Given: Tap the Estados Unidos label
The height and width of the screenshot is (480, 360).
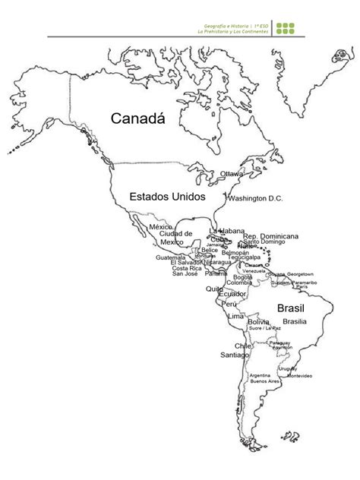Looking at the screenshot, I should pos(167,197).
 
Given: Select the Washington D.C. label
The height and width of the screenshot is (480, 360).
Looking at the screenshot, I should pos(255,199).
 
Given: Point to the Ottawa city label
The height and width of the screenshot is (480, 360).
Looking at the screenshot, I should pos(232,174).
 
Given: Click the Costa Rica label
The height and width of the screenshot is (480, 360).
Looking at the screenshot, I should pos(186,268).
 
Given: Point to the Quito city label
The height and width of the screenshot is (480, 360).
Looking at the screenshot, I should pos(213,289).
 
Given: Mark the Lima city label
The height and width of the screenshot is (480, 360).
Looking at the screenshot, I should pos(236,315).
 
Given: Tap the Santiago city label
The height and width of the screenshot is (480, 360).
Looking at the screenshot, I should pos(234,355).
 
